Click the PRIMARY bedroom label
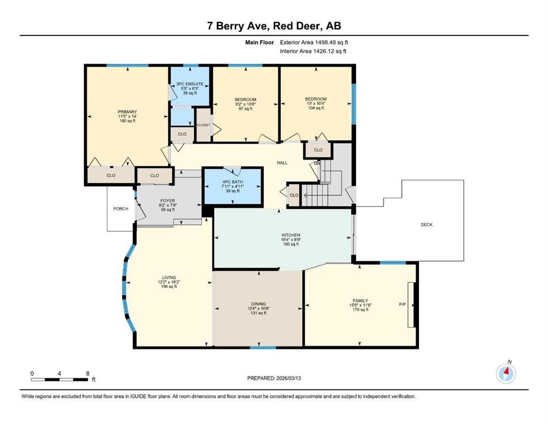(x=127, y=112)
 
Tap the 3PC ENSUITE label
(x=190, y=84)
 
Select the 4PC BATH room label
(x=233, y=182)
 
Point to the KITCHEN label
(x=291, y=235)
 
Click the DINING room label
(x=258, y=304)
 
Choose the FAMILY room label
(x=360, y=301)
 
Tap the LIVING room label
(x=169, y=278)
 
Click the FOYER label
(x=168, y=201)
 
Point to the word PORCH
(x=121, y=209)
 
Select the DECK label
(x=427, y=225)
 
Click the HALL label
(x=283, y=162)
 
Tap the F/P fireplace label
(x=403, y=304)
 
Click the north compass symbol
(x=506, y=373)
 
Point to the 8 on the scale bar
(x=88, y=373)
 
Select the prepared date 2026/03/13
(x=288, y=378)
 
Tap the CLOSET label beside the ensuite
(x=204, y=125)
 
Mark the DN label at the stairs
(x=317, y=163)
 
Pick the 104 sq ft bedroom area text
(x=316, y=108)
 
